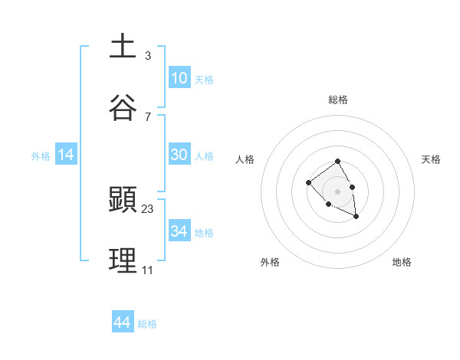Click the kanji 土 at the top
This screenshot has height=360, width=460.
tap(123, 47)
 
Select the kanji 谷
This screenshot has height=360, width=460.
tap(123, 107)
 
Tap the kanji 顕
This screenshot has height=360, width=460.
tap(123, 199)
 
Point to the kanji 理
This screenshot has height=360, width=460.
tap(123, 260)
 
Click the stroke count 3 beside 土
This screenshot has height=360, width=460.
tap(147, 55)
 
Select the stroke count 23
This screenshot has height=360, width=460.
tap(148, 208)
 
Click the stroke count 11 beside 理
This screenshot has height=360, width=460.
tap(147, 270)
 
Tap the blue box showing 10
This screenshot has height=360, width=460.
tap(179, 78)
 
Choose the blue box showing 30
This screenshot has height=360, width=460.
tap(179, 155)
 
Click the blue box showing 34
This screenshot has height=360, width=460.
tap(179, 231)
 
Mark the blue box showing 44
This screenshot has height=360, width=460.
tap(123, 322)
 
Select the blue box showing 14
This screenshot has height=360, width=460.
tap(66, 155)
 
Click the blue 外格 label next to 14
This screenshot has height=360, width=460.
tap(41, 155)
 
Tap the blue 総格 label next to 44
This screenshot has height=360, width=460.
tap(147, 324)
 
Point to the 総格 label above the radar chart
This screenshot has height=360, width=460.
tap(338, 100)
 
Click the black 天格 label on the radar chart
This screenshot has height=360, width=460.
tap(431, 159)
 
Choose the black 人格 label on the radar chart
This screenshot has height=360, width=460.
tap(245, 159)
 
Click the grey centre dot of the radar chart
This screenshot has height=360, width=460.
tap(338, 191)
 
